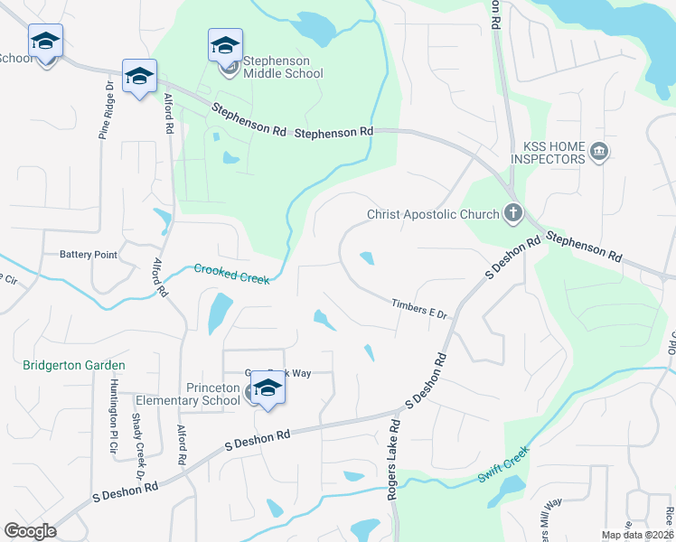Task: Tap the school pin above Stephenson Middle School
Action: click(226, 44)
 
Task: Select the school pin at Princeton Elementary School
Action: click(268, 388)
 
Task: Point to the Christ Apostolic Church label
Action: click(433, 214)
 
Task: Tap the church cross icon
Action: click(513, 214)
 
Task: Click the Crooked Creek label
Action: click(231, 273)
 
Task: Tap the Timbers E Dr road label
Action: click(419, 309)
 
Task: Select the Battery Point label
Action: click(89, 255)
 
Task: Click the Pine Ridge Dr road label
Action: click(105, 111)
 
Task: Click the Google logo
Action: click(31, 530)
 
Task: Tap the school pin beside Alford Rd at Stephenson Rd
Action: click(140, 76)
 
